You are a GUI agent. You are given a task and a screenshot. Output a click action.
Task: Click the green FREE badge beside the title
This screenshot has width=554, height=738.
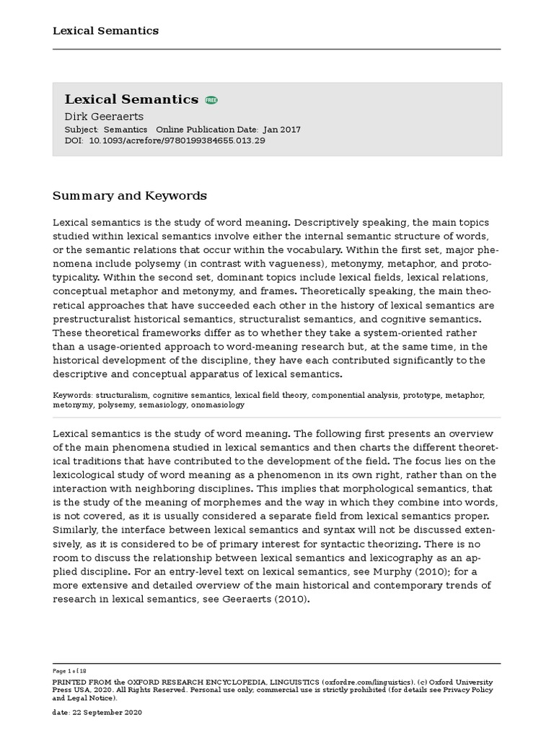(x=211, y=100)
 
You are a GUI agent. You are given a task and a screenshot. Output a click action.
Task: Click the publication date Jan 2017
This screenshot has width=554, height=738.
(x=282, y=130)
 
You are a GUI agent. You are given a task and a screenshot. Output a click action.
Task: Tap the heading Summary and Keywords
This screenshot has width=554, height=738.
(x=130, y=196)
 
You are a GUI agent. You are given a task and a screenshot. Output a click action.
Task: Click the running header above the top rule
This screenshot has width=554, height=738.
(x=105, y=30)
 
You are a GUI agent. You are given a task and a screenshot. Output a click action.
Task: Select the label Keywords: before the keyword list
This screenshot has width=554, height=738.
(x=73, y=396)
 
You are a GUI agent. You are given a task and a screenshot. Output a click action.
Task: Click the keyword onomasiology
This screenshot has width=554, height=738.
(x=217, y=405)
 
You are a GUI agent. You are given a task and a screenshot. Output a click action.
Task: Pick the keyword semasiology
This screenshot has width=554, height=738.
(x=163, y=405)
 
